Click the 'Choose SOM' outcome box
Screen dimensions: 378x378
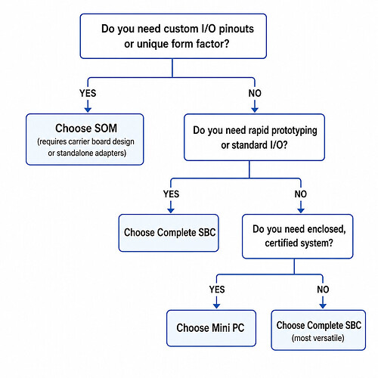tap(85, 139)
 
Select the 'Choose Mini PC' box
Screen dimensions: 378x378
tap(211, 328)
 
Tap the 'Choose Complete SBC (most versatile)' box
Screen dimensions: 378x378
tap(318, 330)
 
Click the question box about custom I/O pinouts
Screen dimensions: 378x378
tap(173, 36)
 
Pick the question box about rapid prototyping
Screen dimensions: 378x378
tap(254, 138)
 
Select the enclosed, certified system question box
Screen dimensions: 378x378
tap(297, 237)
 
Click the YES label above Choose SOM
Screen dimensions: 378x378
tap(88, 93)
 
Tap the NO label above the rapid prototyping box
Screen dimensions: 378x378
tap(255, 93)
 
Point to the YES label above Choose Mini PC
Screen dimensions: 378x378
tap(217, 290)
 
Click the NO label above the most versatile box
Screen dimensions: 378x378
tap(323, 290)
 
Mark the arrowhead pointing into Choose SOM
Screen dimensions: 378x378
tap(88, 110)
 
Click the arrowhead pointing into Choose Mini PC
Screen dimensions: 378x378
tap(217, 305)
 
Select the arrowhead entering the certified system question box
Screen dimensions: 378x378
tap(301, 210)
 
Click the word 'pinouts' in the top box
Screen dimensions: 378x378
tap(236, 29)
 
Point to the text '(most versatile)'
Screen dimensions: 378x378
tap(318, 338)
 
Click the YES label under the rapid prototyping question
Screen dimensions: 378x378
tap(171, 194)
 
